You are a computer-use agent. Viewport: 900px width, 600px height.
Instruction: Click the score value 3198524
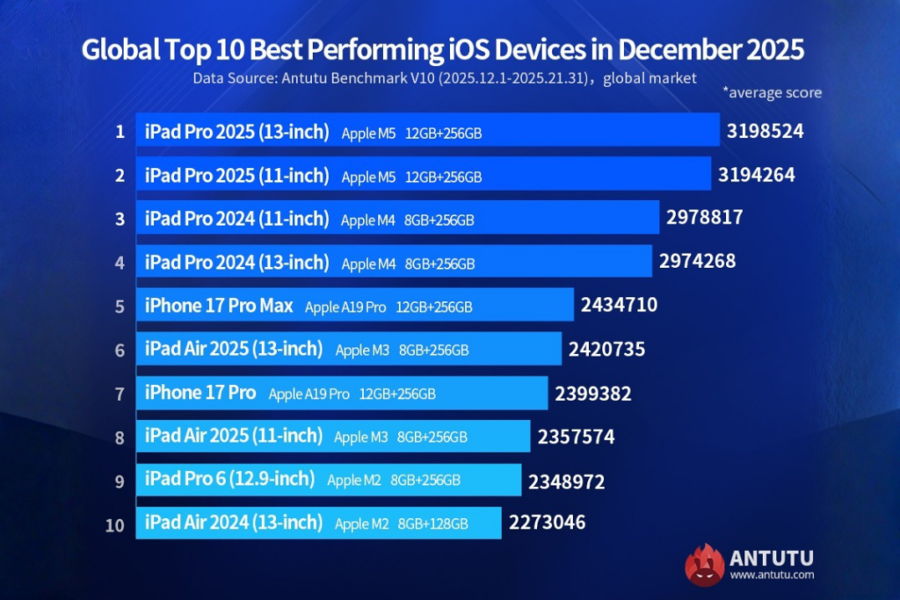766,132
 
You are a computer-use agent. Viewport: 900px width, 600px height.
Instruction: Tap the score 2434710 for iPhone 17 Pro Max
619,306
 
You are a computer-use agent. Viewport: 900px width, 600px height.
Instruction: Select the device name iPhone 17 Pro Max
219,307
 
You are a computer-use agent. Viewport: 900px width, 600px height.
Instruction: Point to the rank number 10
114,524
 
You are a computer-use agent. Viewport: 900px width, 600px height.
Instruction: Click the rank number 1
119,133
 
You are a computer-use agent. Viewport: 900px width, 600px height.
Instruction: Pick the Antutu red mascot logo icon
704,564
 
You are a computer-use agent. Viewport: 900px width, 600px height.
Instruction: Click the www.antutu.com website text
771,575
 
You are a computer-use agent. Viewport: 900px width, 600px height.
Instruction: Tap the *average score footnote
772,92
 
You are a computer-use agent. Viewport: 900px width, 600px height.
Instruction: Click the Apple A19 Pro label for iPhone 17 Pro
308,394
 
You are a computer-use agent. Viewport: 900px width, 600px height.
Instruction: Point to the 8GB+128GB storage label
432,524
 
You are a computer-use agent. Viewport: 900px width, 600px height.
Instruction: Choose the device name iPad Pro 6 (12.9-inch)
229,479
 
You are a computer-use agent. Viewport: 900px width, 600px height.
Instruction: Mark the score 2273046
547,524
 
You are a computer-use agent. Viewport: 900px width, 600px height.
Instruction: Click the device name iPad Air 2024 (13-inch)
234,524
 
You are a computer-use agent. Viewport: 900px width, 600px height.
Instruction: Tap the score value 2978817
704,218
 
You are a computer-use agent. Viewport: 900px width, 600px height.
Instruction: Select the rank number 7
119,394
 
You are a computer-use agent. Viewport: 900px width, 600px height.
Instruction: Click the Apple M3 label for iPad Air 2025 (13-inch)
362,350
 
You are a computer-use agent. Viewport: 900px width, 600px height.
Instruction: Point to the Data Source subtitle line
445,77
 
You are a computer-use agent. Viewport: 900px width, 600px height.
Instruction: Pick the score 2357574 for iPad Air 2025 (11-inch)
576,437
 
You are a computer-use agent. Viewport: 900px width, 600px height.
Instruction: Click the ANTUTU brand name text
771,557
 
